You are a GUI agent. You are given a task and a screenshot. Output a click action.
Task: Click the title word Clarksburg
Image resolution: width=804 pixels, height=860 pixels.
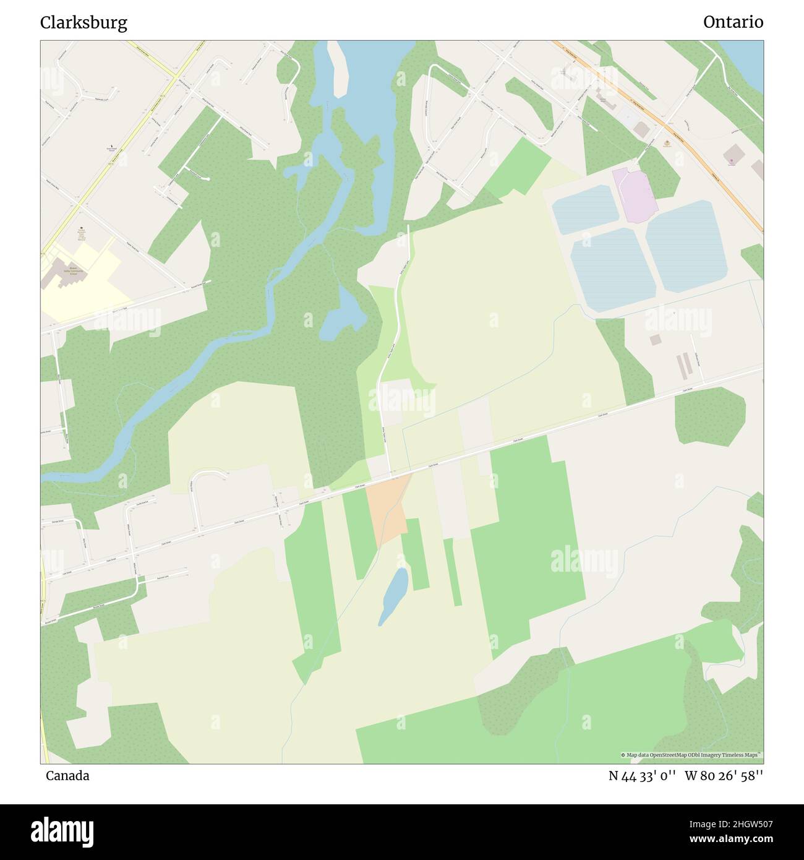pyautogui.click(x=83, y=23)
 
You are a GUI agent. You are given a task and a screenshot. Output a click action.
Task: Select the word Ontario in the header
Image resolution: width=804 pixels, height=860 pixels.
pyautogui.click(x=733, y=22)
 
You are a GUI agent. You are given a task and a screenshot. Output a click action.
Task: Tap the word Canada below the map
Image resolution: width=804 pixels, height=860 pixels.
pyautogui.click(x=67, y=775)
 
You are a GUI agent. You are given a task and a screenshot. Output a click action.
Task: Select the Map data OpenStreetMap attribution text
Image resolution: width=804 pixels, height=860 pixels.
pyautogui.click(x=691, y=755)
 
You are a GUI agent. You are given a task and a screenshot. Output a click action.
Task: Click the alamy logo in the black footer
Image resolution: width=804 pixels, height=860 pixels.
pyautogui.click(x=62, y=831)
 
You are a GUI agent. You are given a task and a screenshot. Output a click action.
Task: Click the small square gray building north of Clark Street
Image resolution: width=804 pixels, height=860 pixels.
pyautogui.click(x=655, y=340)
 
